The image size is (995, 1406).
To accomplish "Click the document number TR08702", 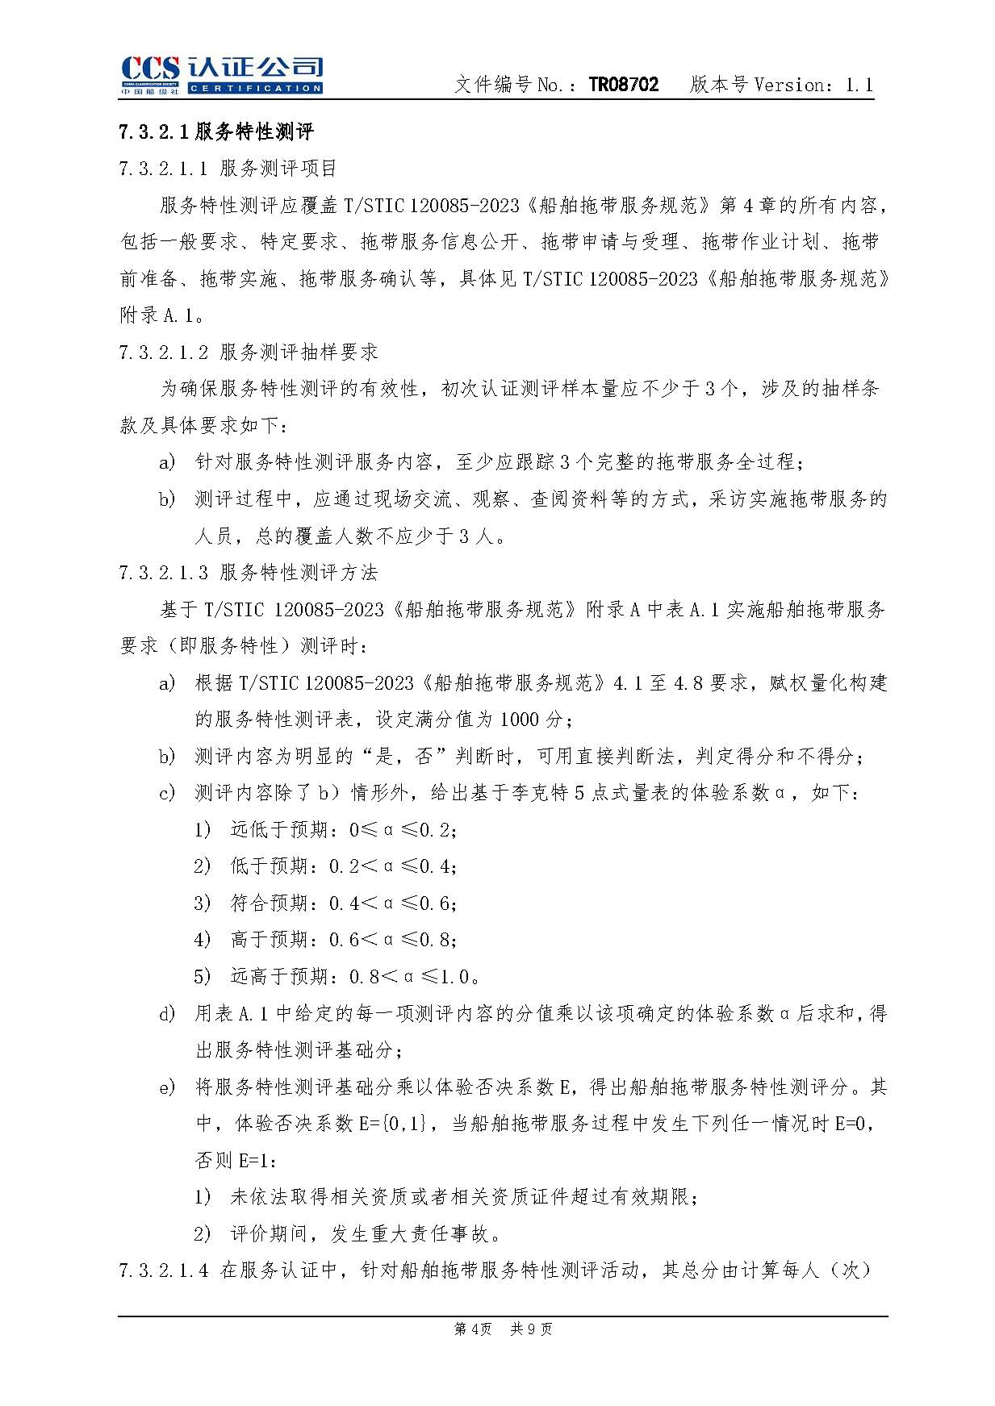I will pyautogui.click(x=623, y=85).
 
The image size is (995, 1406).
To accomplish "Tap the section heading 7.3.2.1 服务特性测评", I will pyautogui.click(x=216, y=131).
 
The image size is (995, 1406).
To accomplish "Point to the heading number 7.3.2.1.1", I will pyautogui.click(x=163, y=169).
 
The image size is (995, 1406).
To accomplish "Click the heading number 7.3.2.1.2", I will pyautogui.click(x=163, y=353).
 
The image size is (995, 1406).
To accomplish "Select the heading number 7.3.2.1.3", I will pyautogui.click(x=163, y=573).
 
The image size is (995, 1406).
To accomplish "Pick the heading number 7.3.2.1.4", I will pyautogui.click(x=163, y=1270).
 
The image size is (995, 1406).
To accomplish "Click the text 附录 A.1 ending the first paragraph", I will pyautogui.click(x=157, y=315).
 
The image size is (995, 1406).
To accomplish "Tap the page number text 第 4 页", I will pyautogui.click(x=473, y=1329).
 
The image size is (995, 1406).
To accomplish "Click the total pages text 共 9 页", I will pyautogui.click(x=531, y=1329).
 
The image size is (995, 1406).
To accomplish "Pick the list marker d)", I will pyautogui.click(x=167, y=1013).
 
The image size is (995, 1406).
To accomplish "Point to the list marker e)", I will pyautogui.click(x=167, y=1087).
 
